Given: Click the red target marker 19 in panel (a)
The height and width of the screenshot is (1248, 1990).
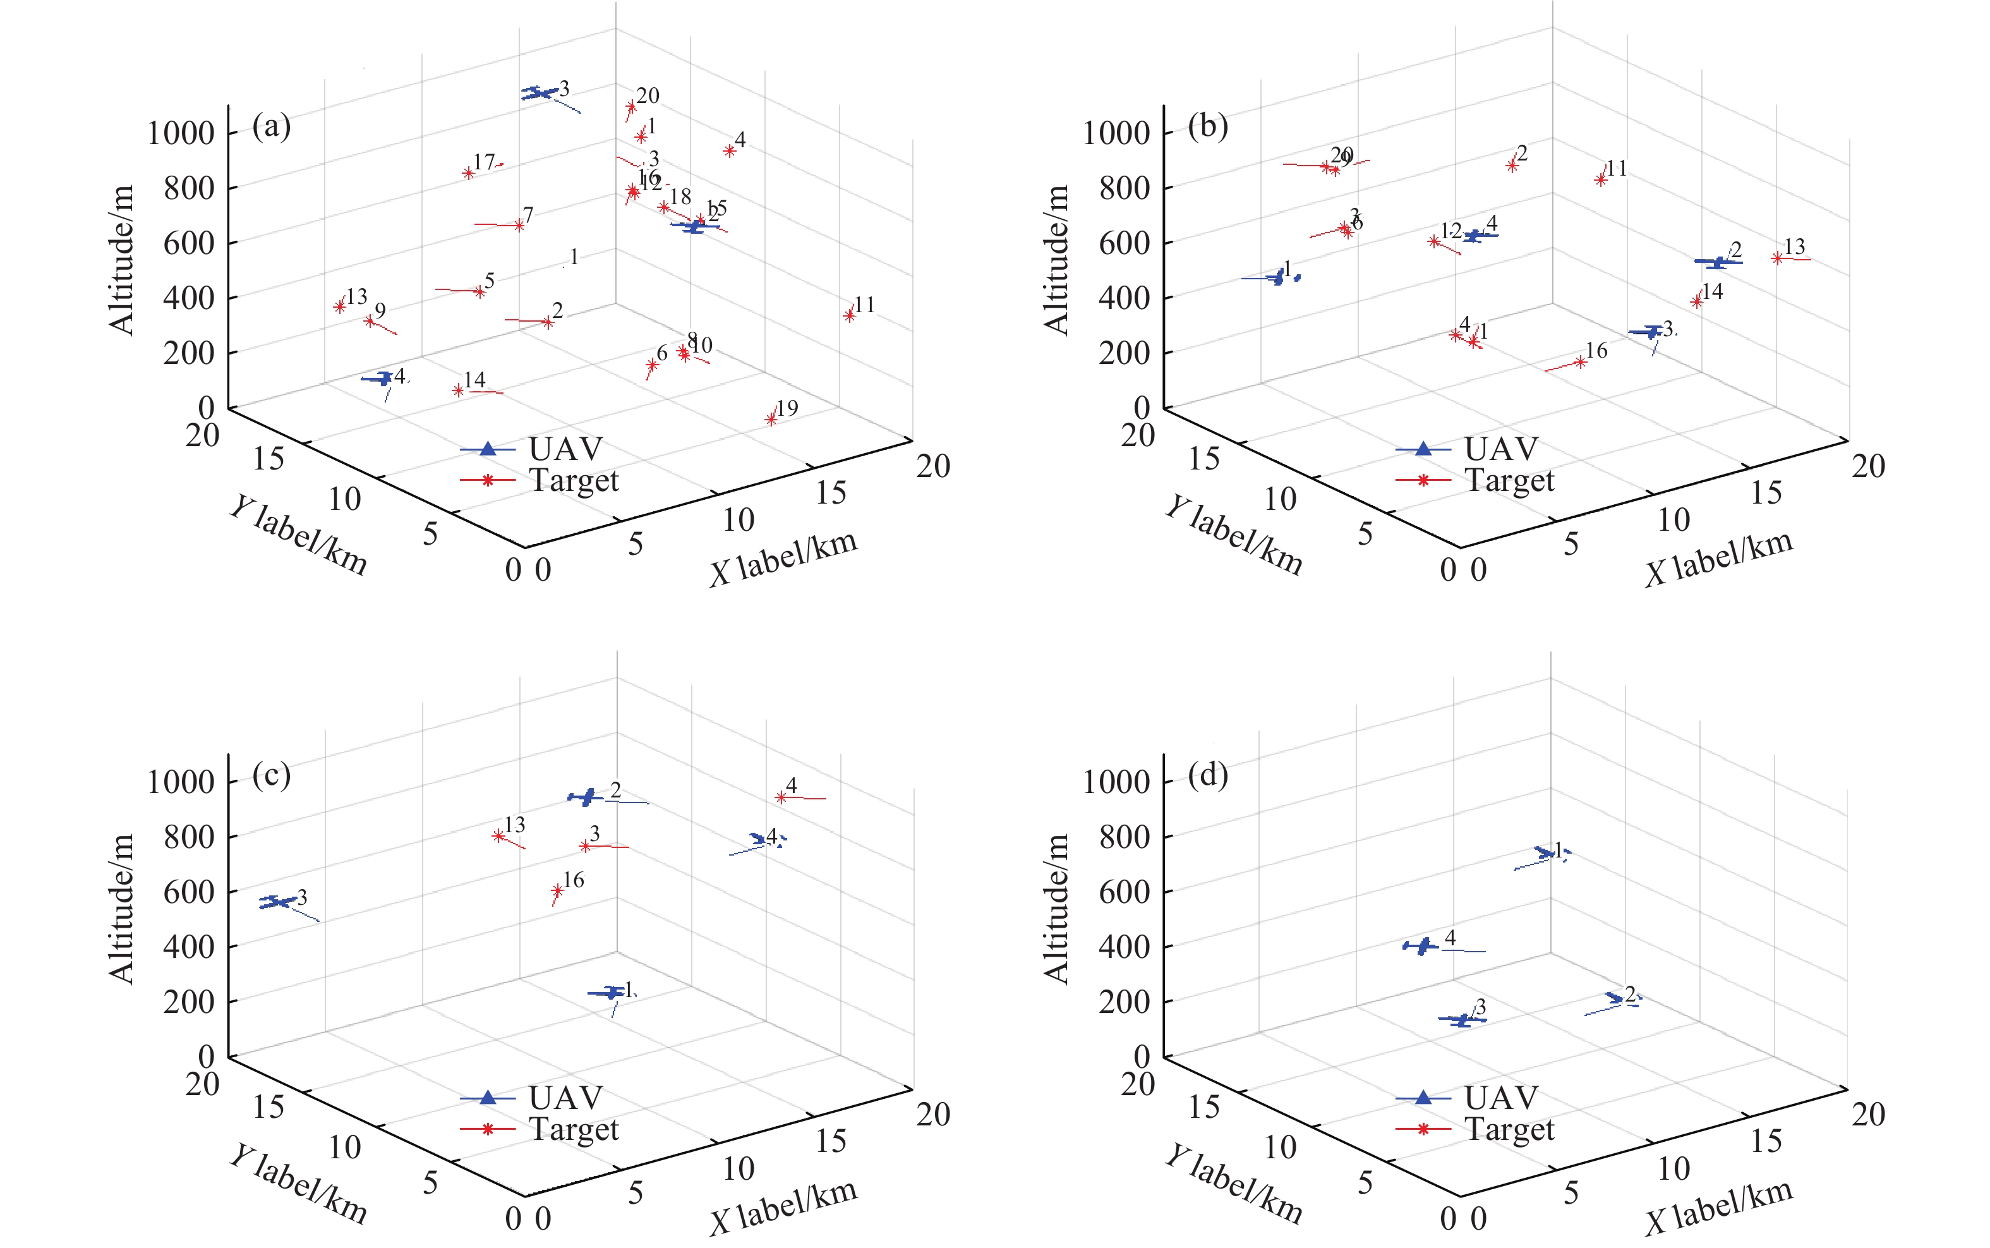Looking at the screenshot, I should click(x=771, y=420).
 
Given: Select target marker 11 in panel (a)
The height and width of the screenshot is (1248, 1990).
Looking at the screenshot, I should click(x=849, y=315).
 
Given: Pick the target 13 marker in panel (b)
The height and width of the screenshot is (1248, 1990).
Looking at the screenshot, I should click(x=1776, y=258).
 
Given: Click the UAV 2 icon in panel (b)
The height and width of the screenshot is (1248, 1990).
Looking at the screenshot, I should click(x=1718, y=262).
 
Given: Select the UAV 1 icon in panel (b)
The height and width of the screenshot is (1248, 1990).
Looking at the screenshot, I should click(x=1278, y=278).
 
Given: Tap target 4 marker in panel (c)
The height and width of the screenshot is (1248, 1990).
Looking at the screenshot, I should click(x=780, y=797).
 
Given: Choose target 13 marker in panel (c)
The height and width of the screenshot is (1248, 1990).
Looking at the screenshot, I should click(x=498, y=836).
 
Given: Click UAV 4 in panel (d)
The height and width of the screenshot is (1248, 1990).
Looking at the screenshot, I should click(x=1421, y=947).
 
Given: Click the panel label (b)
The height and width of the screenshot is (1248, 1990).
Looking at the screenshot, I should click(x=1207, y=126).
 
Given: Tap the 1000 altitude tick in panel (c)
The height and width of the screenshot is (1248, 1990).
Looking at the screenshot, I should click(x=181, y=782).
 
